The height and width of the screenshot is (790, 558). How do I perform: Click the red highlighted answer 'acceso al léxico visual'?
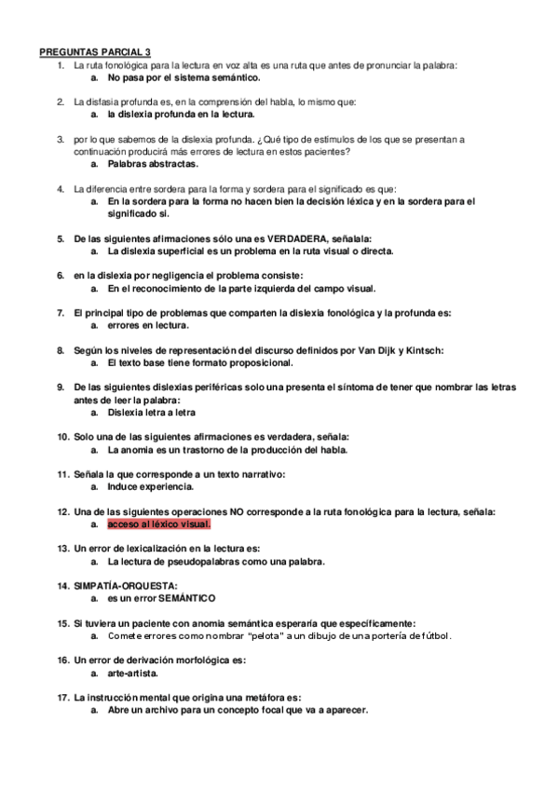[x=158, y=524]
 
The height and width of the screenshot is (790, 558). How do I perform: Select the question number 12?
[x=62, y=511]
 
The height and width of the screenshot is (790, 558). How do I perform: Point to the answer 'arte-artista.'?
[x=132, y=673]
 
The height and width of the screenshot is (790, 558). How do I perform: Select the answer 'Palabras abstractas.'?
[x=152, y=164]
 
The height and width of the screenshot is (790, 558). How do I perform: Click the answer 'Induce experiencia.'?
[x=150, y=486]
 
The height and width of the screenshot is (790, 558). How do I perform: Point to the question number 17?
[x=62, y=697]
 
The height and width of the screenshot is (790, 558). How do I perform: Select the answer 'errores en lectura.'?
[x=148, y=325]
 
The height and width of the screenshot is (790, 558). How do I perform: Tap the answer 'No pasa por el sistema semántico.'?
[x=183, y=78]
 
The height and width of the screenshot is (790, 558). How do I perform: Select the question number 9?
[x=61, y=387]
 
